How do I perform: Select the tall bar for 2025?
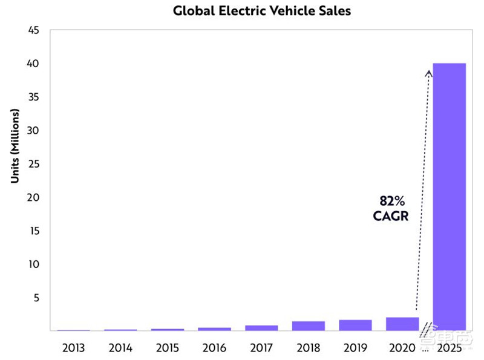pyautogui.click(x=450, y=196)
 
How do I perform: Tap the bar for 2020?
pyautogui.click(x=402, y=324)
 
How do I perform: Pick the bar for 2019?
pyautogui.click(x=355, y=325)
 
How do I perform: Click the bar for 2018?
pyautogui.click(x=308, y=326)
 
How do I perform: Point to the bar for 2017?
pyautogui.click(x=261, y=327)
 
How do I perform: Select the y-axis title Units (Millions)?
pyautogui.click(x=15, y=146)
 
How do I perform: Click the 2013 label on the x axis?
pyautogui.click(x=73, y=349)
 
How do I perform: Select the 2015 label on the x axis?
pyautogui.click(x=167, y=349)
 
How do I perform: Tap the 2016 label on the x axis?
pyautogui.click(x=214, y=349)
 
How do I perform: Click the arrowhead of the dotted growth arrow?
pyautogui.click(x=429, y=73)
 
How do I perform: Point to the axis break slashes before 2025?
pyautogui.click(x=427, y=327)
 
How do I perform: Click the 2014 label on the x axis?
pyautogui.click(x=120, y=349)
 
